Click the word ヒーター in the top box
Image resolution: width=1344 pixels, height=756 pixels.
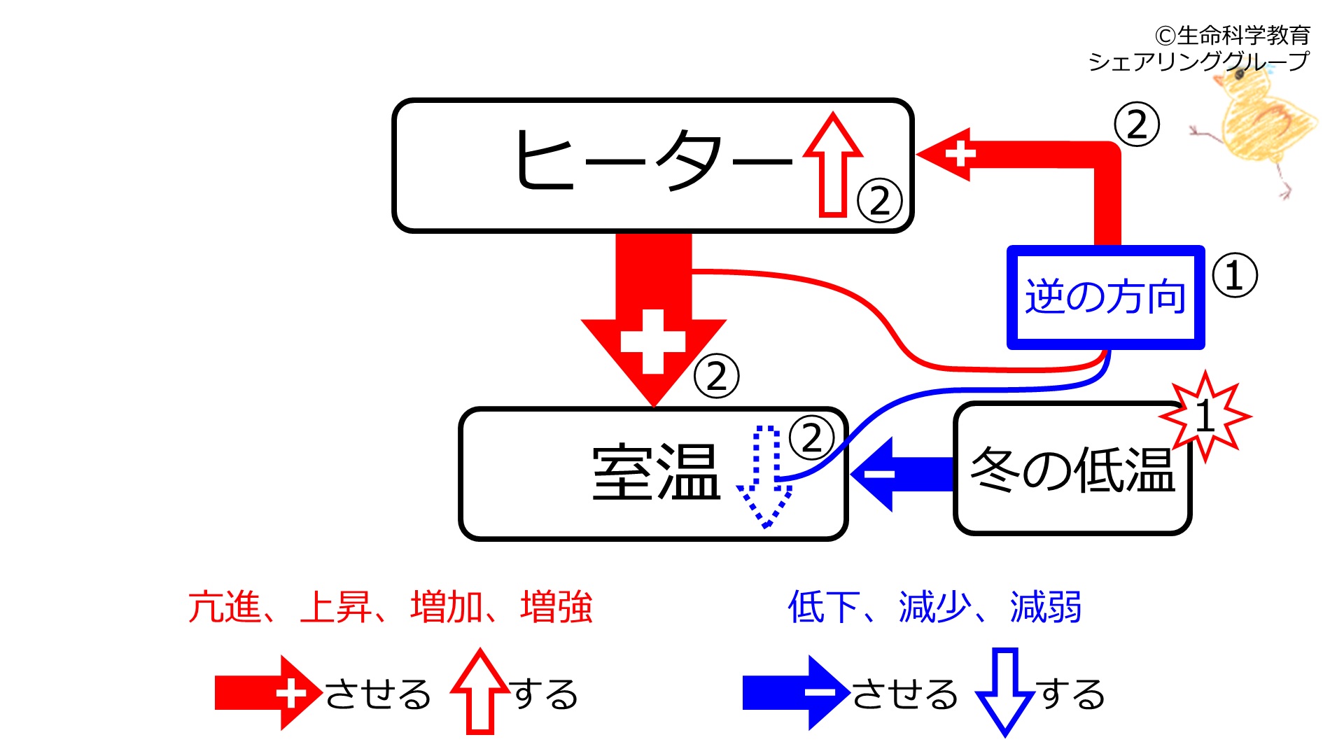tap(654, 160)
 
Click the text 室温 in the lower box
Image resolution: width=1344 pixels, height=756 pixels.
tap(656, 473)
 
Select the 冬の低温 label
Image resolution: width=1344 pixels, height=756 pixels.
tap(1072, 469)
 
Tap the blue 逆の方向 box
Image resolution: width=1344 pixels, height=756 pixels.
tap(1105, 297)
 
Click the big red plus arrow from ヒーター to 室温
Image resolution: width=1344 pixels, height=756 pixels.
tap(653, 320)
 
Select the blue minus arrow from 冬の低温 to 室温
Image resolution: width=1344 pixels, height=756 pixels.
tap(903, 474)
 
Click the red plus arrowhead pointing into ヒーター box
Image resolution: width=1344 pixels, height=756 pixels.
tap(944, 155)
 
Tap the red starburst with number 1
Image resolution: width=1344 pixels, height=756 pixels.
tap(1205, 416)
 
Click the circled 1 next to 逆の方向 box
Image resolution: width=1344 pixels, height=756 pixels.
tap(1234, 275)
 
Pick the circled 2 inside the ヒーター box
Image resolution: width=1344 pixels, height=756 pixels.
tap(880, 201)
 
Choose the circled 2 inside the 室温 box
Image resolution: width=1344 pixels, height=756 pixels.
tap(811, 438)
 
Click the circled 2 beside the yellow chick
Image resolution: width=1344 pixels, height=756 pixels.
tap(1137, 125)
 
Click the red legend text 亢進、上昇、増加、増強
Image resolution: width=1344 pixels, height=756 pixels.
tap(391, 607)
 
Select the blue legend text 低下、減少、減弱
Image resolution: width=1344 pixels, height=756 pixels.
tap(935, 607)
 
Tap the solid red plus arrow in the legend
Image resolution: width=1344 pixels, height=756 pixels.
tap(269, 693)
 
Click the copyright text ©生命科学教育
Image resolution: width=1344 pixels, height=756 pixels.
tap(1233, 35)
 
